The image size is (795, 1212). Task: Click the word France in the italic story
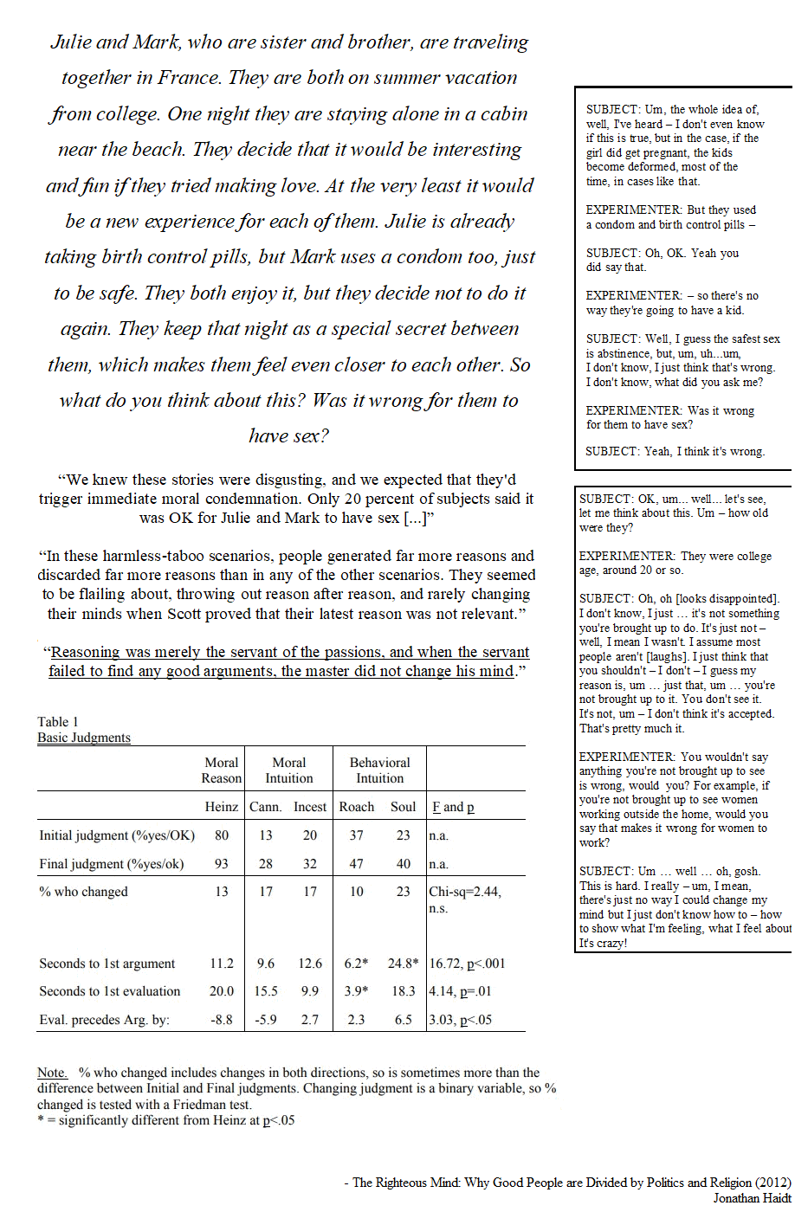tap(186, 77)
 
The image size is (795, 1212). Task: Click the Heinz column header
tap(221, 807)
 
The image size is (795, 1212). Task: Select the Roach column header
tap(356, 807)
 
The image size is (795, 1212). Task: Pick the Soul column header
tap(403, 807)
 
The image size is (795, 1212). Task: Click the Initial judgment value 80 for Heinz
tap(222, 835)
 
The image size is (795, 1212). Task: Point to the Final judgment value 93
tap(222, 864)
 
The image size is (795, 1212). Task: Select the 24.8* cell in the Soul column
tap(404, 964)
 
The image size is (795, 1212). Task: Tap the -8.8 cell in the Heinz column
tap(222, 1020)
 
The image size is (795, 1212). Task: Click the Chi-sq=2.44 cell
tap(465, 892)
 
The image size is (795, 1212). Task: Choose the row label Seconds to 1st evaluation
tap(110, 991)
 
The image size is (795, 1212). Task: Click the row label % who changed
tap(83, 892)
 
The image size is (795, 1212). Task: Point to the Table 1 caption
tap(57, 722)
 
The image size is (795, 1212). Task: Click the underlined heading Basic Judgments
tap(84, 738)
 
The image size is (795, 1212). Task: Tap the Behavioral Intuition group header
tap(379, 770)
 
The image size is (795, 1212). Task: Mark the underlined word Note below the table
tap(51, 1073)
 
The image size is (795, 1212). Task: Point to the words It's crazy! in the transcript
tap(603, 943)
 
